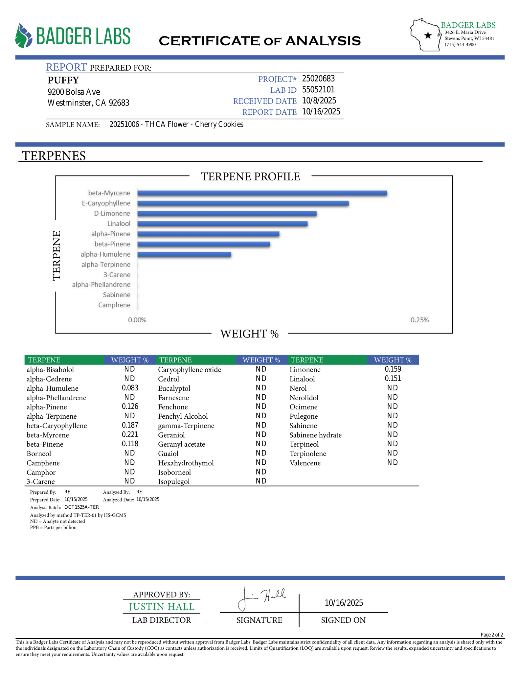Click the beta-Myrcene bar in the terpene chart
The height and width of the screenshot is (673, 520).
point(262,193)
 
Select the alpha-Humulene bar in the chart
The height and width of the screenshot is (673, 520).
point(184,254)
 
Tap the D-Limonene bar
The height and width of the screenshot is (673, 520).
point(227,214)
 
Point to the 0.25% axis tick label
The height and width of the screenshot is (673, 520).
point(419,320)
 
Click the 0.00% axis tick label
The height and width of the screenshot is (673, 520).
point(137,320)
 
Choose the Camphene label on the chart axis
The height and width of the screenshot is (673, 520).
point(114,305)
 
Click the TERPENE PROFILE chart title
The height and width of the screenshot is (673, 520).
point(250,177)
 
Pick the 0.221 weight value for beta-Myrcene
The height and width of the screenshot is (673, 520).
point(130,435)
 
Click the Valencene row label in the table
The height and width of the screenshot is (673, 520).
point(305,463)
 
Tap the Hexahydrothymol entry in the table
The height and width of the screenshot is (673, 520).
point(186,463)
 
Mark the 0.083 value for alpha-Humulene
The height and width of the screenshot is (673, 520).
point(130,388)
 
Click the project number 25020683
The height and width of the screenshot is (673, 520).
point(318,79)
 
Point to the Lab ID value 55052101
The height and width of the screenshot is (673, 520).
point(318,90)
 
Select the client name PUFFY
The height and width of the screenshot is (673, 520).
point(63,80)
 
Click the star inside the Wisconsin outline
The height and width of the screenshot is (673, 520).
point(428,35)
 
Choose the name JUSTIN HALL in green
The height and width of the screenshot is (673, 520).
point(162,607)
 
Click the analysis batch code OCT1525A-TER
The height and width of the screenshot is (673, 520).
point(81,507)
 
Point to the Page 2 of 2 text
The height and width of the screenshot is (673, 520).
point(491,635)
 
